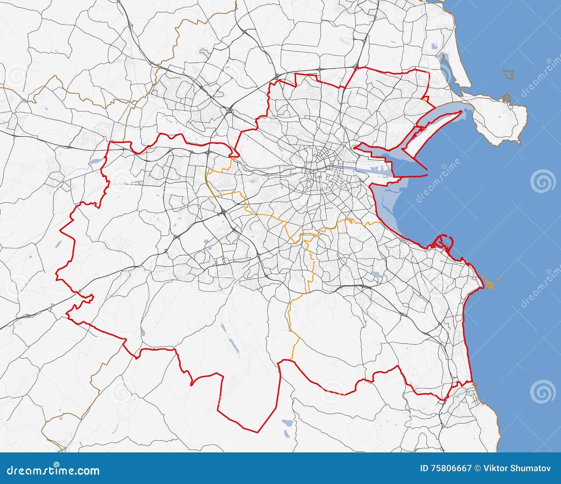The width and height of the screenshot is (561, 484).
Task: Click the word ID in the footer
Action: [424, 469]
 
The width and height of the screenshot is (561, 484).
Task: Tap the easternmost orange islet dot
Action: [498, 280]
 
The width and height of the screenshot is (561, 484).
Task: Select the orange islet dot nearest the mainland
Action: [484, 278]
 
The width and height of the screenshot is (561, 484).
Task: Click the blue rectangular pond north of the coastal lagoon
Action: [435, 46]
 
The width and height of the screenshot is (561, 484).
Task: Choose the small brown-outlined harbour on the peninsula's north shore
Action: [507, 98]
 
